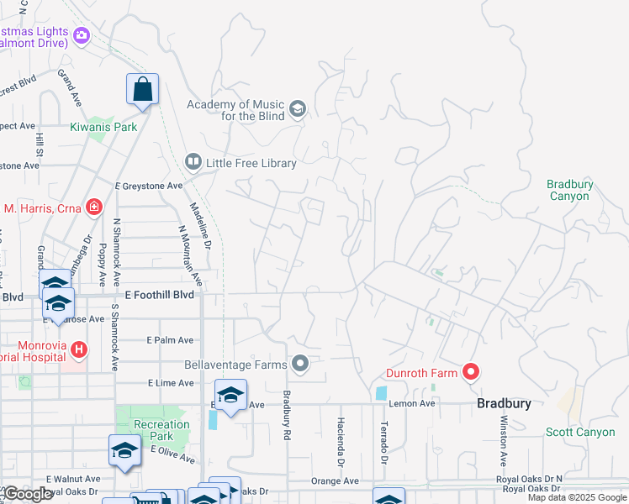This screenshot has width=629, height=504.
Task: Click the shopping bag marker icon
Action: (x=142, y=89)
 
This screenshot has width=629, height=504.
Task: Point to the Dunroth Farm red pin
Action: (x=471, y=371)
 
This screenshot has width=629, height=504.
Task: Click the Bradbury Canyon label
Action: (x=569, y=190)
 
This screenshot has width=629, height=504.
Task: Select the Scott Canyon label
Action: (x=580, y=432)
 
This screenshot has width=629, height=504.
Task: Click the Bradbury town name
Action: (x=504, y=403)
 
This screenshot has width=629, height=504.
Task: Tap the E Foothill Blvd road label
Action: (x=159, y=295)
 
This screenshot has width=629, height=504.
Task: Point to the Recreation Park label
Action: (x=161, y=431)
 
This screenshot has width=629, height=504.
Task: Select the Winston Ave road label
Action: (x=504, y=440)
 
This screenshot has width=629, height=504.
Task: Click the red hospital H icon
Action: (x=77, y=348)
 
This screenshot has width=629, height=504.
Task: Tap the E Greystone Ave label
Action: (x=149, y=186)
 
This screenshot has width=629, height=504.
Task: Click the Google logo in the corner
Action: (x=27, y=494)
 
